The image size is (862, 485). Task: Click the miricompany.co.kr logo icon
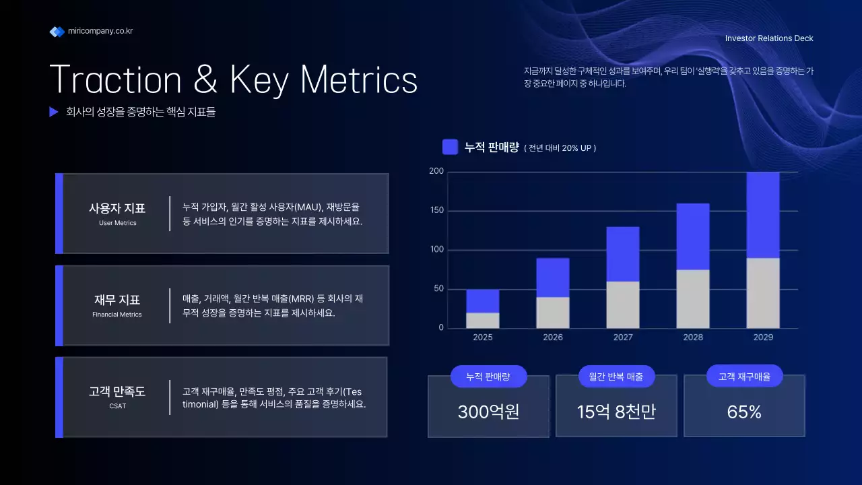(57, 32)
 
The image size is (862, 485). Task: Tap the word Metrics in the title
(358, 79)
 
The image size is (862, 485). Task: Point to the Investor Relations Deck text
(769, 38)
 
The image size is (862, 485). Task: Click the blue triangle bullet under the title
(54, 112)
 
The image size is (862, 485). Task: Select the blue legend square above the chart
(450, 147)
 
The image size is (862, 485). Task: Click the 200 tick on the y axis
(436, 172)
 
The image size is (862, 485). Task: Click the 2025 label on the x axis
(483, 337)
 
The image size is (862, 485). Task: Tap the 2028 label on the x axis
(693, 337)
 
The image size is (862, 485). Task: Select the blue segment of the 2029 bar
(763, 215)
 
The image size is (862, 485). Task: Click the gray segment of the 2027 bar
(623, 305)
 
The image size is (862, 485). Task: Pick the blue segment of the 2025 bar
(483, 301)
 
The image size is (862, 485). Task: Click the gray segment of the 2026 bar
(553, 313)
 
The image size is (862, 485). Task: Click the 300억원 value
(488, 412)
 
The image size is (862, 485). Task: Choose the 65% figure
(744, 412)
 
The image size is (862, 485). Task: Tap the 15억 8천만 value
(616, 412)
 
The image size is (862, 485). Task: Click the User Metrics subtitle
(117, 223)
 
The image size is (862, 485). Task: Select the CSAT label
(117, 406)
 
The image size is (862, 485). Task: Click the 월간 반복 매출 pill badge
(616, 377)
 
